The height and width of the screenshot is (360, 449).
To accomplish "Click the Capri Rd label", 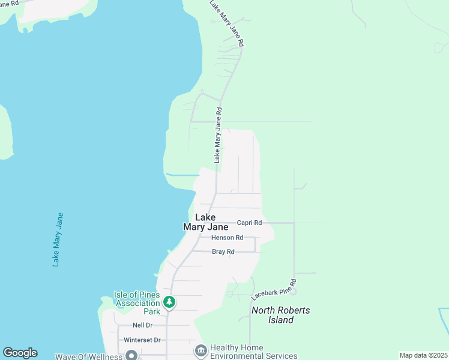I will click(249, 223).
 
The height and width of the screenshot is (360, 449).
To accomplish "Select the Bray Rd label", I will click(223, 252).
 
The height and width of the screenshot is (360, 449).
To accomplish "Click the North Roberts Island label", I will click(281, 315).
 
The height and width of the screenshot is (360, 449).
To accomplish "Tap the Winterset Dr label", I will click(142, 340).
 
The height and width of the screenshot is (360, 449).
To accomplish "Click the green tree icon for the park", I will click(170, 302).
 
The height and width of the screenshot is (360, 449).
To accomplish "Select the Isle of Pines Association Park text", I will click(137, 303).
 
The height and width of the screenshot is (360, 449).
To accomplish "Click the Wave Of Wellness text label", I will click(88, 356).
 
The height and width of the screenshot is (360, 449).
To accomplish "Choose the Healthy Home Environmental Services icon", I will click(200, 349).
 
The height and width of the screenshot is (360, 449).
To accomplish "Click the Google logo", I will click(20, 353).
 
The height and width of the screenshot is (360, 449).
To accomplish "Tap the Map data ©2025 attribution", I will click(424, 355).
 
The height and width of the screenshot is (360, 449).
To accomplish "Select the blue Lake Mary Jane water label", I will click(58, 239).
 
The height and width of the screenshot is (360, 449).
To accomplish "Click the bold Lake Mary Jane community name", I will click(205, 223).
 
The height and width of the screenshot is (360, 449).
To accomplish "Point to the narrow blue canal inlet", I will click(182, 175).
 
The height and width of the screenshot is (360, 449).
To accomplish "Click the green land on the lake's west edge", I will click(5, 132).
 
